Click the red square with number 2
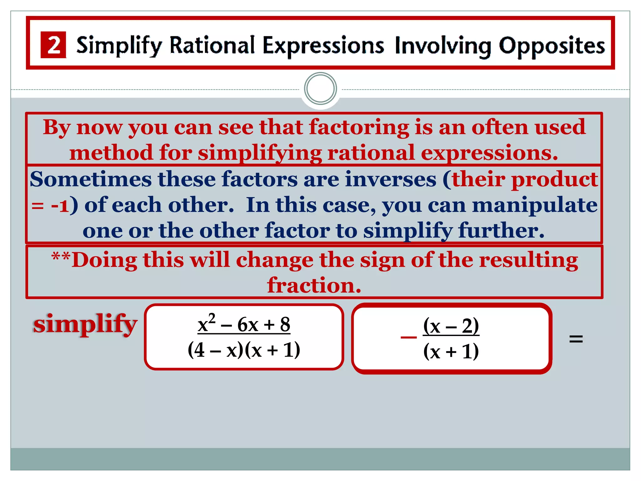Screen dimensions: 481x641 click(53, 45)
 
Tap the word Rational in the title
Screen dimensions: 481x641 click(212, 45)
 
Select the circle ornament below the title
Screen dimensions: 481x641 click(320, 89)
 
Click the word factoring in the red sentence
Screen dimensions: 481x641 click(359, 127)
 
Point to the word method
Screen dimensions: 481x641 click(111, 153)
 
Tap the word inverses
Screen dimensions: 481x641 click(390, 179)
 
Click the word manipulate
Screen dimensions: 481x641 click(535, 205)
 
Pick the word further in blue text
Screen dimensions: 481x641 click(501, 231)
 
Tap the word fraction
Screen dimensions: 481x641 click(314, 285)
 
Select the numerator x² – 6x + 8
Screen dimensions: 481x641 click(244, 324)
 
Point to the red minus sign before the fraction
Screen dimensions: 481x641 click(408, 337)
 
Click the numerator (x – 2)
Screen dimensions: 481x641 click(451, 326)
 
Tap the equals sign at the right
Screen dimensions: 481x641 click(576, 339)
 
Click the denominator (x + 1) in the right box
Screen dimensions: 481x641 click(451, 351)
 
